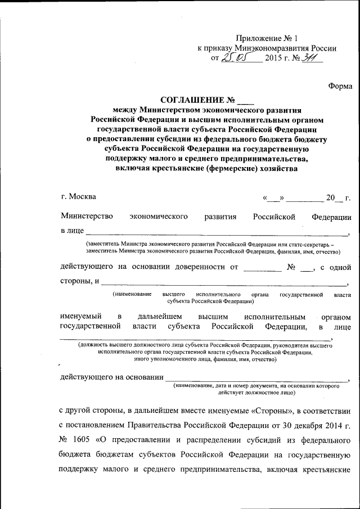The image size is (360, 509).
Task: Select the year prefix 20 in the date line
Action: [334, 197]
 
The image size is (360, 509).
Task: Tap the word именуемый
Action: [79, 317]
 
